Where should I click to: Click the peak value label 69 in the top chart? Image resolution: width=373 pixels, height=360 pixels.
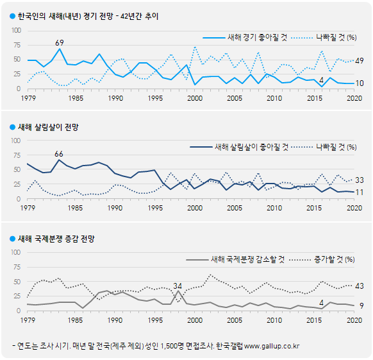click(x=60, y=42)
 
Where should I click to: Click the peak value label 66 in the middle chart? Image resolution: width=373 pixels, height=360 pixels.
click(x=59, y=153)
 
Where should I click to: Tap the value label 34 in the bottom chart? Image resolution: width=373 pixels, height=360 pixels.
click(x=178, y=286)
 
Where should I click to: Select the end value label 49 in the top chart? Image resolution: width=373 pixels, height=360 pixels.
click(x=360, y=60)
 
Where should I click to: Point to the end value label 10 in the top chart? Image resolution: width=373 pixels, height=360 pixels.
click(x=360, y=83)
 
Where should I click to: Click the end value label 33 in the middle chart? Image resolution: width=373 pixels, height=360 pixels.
click(x=360, y=180)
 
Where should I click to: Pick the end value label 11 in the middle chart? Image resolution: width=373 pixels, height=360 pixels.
click(x=360, y=193)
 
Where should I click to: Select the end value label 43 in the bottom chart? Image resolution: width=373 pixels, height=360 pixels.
click(x=360, y=286)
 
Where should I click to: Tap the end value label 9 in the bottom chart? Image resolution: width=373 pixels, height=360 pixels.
click(x=361, y=305)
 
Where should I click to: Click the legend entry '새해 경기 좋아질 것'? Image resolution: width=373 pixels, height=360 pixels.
click(x=249, y=37)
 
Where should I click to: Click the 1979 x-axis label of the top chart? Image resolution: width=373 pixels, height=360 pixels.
click(x=28, y=98)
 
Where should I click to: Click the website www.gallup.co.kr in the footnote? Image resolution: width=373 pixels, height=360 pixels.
click(x=272, y=347)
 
